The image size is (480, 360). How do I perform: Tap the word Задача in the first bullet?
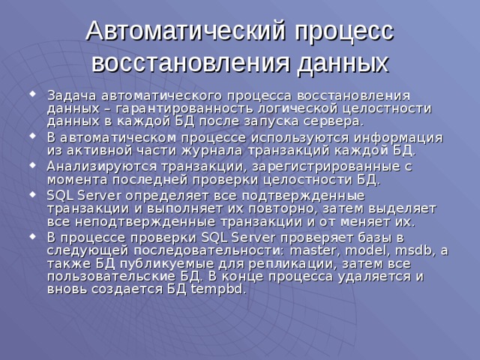pyautogui.click(x=69, y=95)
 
